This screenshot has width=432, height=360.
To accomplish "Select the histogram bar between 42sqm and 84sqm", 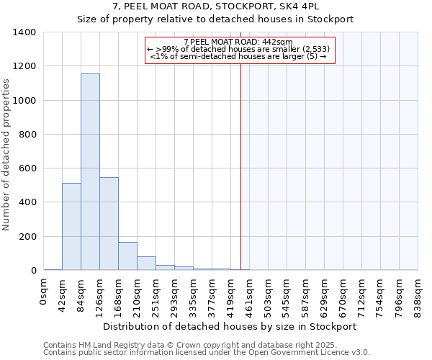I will pyautogui.click(x=71, y=226).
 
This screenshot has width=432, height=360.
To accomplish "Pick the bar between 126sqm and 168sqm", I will pyautogui.click(x=109, y=223).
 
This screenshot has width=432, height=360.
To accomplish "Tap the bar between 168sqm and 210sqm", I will pyautogui.click(x=127, y=256).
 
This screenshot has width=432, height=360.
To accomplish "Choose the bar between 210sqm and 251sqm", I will pyautogui.click(x=146, y=264).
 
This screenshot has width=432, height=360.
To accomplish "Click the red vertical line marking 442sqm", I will pyautogui.click(x=240, y=166).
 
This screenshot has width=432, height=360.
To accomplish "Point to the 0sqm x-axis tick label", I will pyautogui.click(x=44, y=290).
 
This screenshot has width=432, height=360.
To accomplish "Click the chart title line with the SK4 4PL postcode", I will pyautogui.click(x=215, y=6).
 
